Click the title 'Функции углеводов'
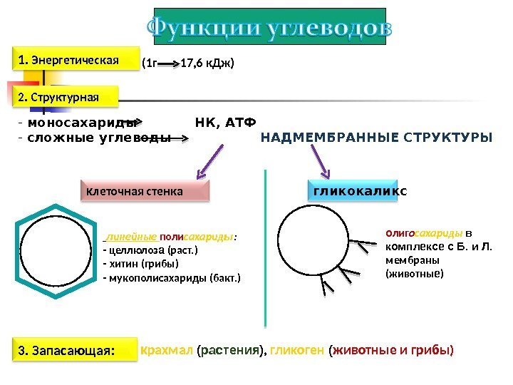point(269,27)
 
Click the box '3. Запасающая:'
point(74,351)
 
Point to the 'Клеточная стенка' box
point(144,191)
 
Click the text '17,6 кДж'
point(207,63)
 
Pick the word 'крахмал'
point(166,351)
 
